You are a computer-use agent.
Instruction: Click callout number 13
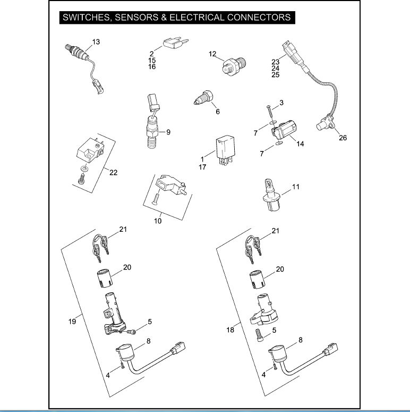(x=96, y=41)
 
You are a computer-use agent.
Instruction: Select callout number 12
(x=212, y=54)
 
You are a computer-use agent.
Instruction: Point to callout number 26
(x=343, y=138)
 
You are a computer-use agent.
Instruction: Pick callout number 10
(x=158, y=221)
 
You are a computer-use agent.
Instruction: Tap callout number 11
(x=296, y=187)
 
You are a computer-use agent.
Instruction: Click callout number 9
(x=168, y=132)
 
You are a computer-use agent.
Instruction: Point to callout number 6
(x=217, y=112)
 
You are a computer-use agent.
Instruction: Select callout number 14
(x=300, y=144)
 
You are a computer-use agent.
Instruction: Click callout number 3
(x=281, y=102)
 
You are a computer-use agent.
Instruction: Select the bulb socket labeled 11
(x=270, y=196)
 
